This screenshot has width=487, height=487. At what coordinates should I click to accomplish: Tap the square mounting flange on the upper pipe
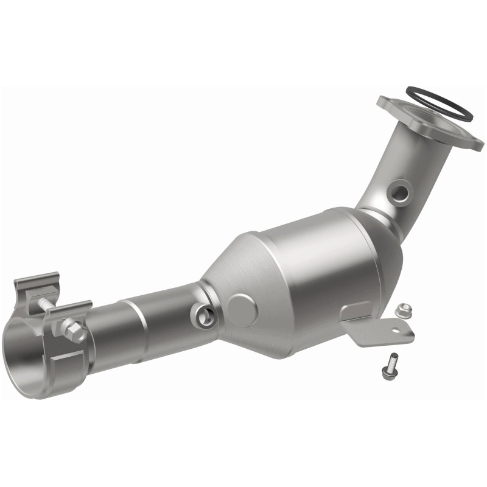[x=426, y=125]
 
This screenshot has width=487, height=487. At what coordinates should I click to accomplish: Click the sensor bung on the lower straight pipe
[x=203, y=314]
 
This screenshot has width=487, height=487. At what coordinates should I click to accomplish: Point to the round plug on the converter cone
[x=242, y=310]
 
